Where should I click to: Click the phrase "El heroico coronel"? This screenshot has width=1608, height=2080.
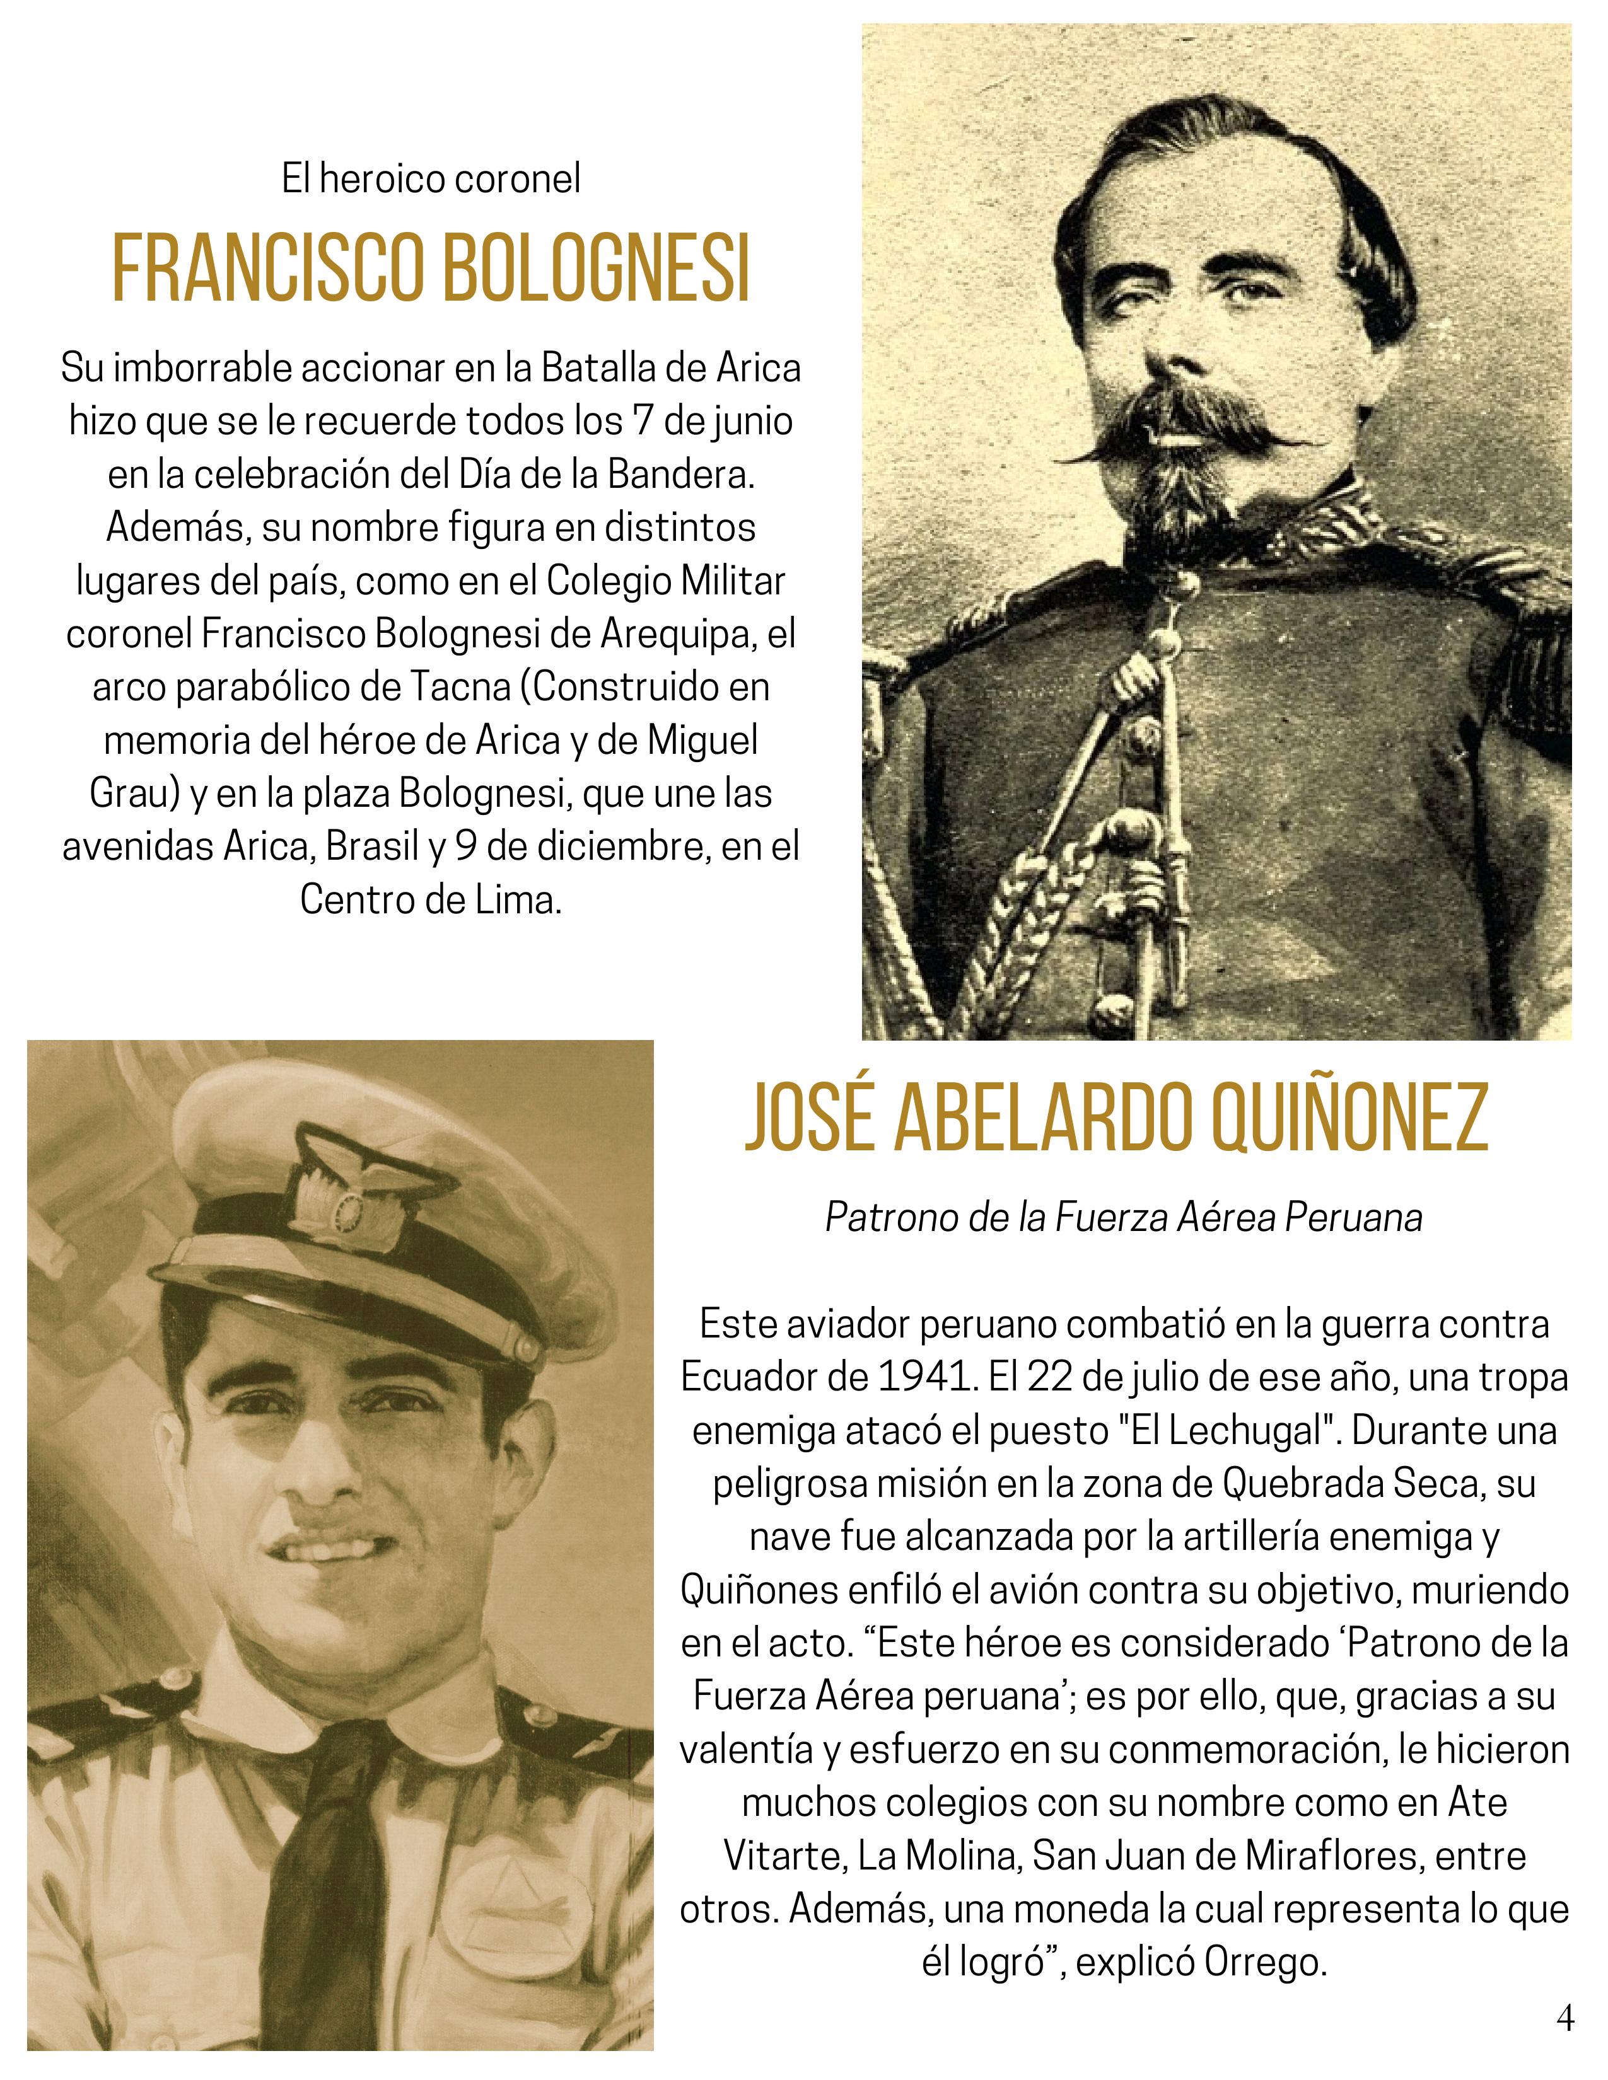point(431,179)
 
